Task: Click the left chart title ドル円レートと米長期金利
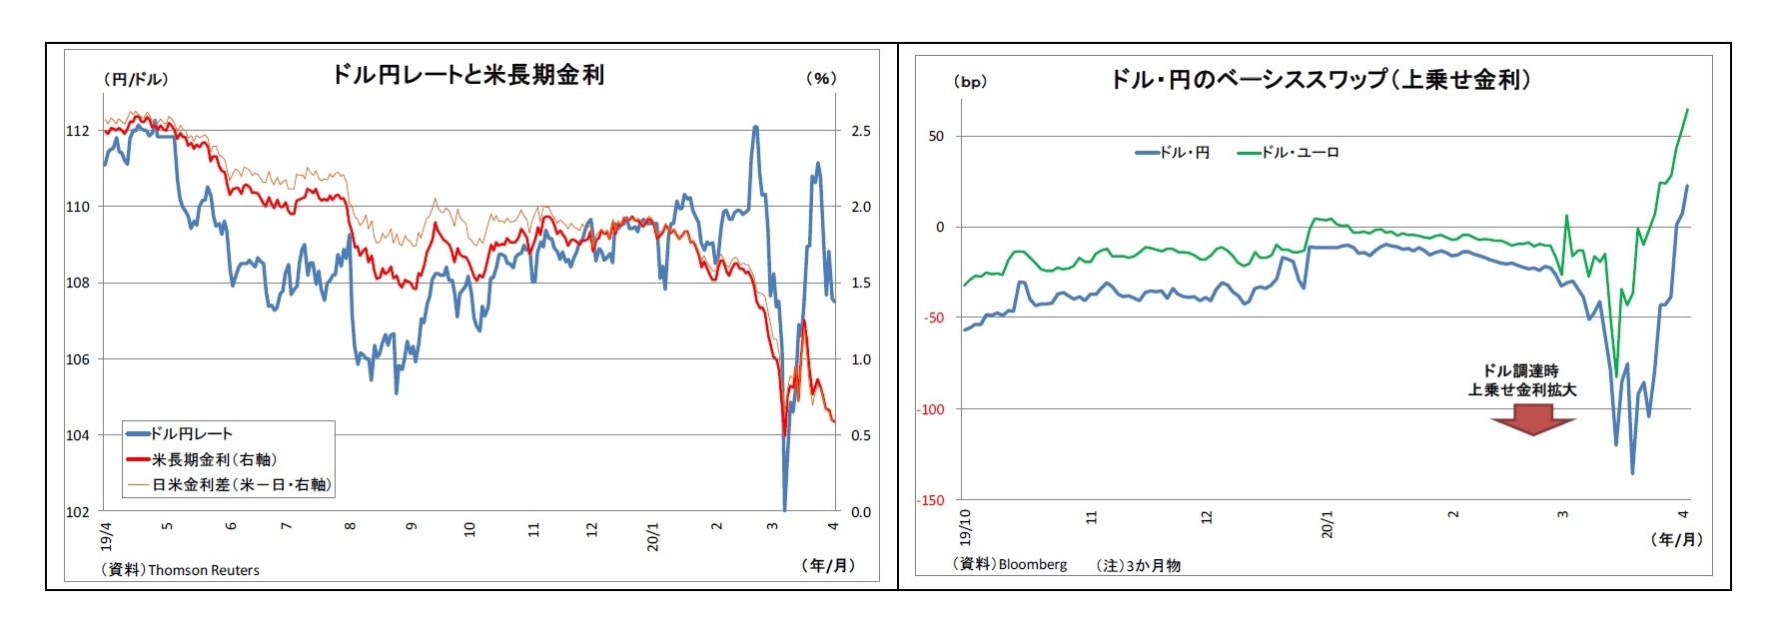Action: click(x=467, y=75)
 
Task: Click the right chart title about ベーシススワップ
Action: click(x=1320, y=80)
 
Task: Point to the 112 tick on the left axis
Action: click(x=78, y=131)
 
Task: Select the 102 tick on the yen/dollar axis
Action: click(x=78, y=512)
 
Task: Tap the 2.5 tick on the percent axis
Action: click(x=860, y=131)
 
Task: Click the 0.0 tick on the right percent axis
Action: click(x=860, y=512)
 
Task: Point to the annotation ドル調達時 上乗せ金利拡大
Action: click(x=1521, y=380)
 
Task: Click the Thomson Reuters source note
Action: click(x=181, y=570)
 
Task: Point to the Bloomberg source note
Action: click(x=1010, y=564)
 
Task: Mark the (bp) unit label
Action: click(x=970, y=82)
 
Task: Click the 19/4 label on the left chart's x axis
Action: click(x=107, y=534)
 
